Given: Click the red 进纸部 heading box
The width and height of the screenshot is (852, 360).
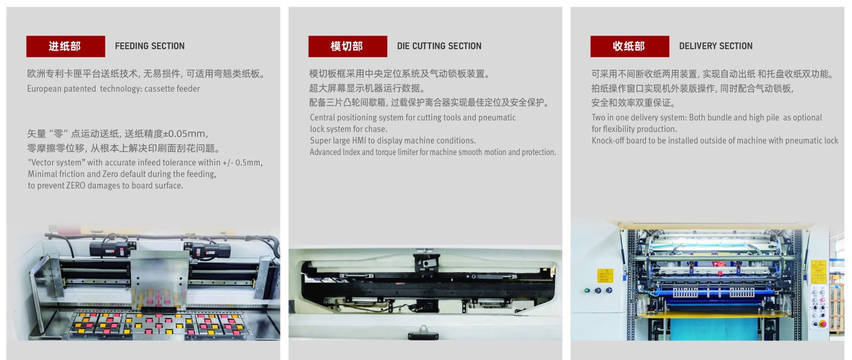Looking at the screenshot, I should click(65, 46).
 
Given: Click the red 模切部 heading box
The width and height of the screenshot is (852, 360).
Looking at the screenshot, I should click(347, 46).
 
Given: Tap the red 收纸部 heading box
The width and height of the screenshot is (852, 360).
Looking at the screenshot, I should click(629, 46).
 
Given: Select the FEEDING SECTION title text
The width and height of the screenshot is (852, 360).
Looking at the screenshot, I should click(150, 46).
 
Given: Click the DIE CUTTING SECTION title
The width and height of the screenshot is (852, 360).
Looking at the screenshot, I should click(439, 46).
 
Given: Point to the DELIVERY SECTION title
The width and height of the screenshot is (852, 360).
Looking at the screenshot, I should click(715, 46).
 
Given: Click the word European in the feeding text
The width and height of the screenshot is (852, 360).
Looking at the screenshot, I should click(44, 89).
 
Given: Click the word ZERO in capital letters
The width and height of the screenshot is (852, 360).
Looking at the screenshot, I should click(76, 186).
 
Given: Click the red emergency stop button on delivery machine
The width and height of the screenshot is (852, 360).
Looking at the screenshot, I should click(822, 324).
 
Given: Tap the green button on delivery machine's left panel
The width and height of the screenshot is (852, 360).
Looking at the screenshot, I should click(587, 291).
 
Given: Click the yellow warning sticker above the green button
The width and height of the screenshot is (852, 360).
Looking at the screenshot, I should click(605, 275).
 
